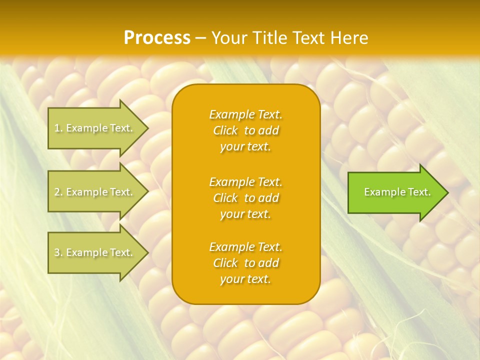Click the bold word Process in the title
pos(157,38)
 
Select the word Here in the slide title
pos(348,38)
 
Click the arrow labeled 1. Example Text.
pos(95,128)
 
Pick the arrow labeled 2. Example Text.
pos(95,192)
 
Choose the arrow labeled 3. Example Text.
pos(95,252)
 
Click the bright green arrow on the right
pos(395,192)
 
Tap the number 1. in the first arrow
pos(58,128)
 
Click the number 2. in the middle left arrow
pos(58,192)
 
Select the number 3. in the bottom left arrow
pos(58,253)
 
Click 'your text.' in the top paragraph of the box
pos(245,147)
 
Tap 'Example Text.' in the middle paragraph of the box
pos(245,181)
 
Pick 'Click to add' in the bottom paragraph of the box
pos(245,263)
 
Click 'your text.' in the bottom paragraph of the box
pos(245,279)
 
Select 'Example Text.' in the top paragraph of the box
pos(245,114)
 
